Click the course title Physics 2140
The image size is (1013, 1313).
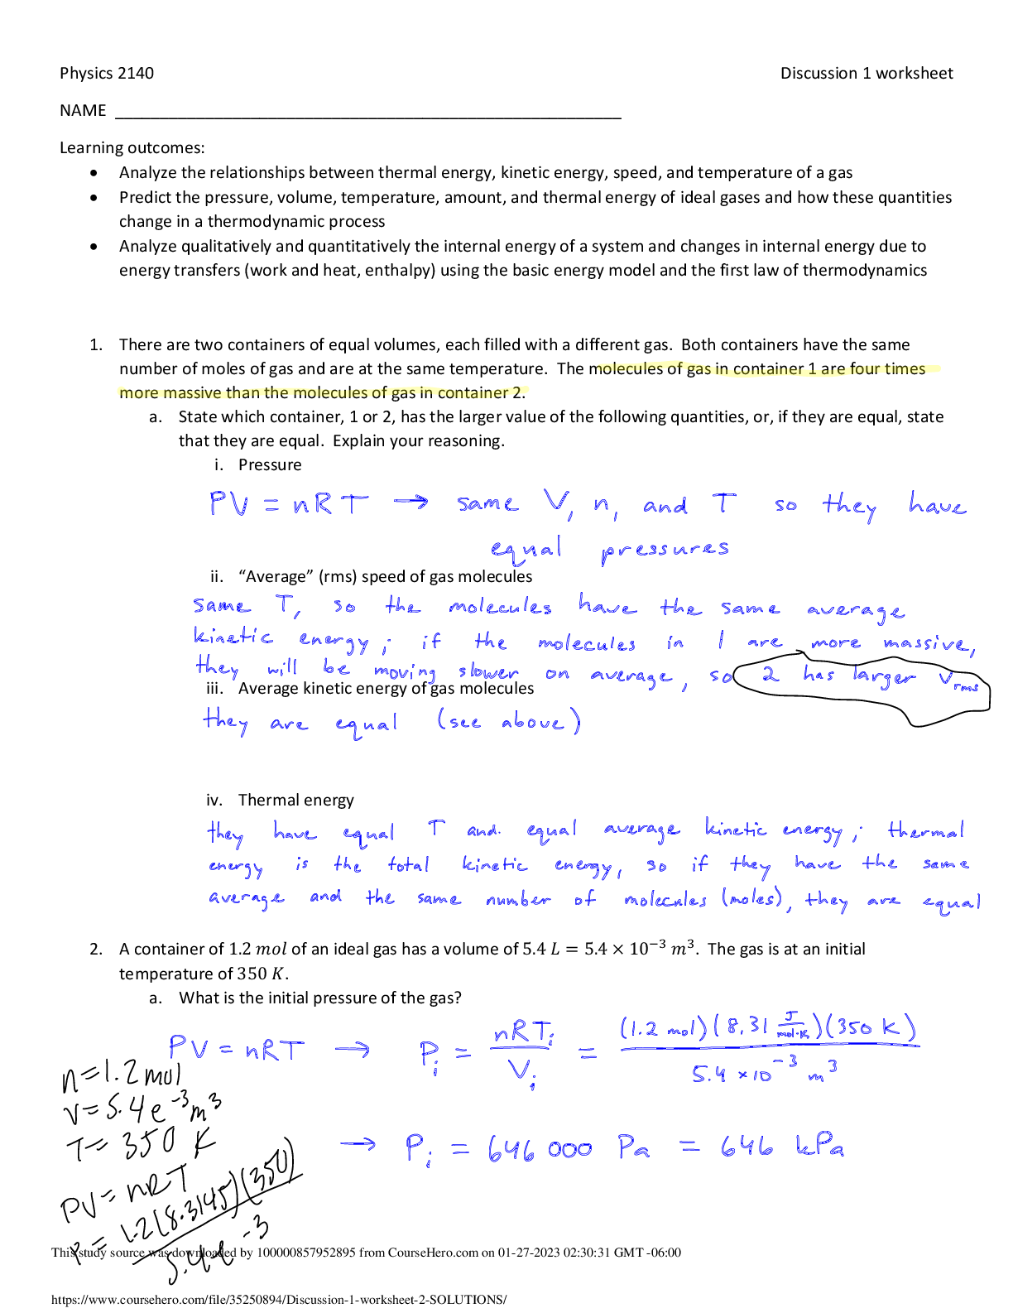107,73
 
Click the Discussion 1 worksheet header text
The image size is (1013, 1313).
866,73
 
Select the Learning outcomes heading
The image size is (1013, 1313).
132,147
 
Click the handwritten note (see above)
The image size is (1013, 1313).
508,722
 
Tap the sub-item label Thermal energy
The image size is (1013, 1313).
295,800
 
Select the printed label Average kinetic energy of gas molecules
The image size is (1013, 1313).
386,688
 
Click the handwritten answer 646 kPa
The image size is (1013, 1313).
781,1147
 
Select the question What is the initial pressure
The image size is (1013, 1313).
319,998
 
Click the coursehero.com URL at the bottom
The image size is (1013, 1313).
279,1300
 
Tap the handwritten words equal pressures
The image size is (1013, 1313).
609,549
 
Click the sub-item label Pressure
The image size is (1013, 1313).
270,464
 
